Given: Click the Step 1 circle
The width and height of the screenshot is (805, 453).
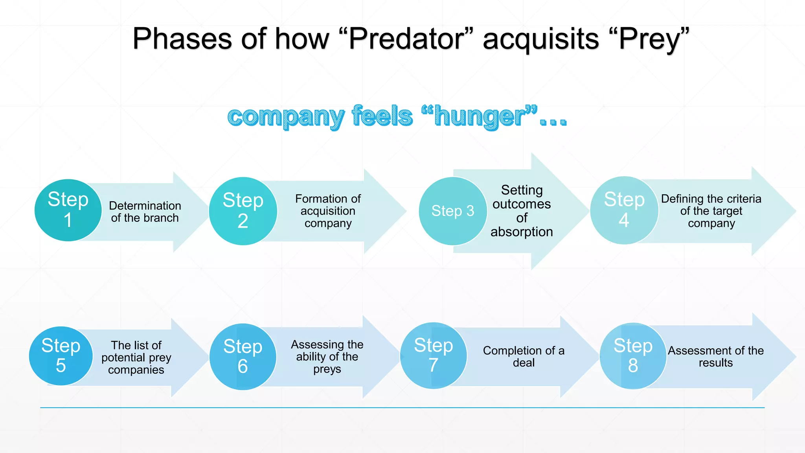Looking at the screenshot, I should click(68, 210).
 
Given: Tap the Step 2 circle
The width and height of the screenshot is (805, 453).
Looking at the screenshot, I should click(243, 211).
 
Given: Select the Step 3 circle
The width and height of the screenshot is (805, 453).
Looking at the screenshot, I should click(453, 211).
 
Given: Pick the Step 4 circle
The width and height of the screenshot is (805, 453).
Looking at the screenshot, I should click(624, 210).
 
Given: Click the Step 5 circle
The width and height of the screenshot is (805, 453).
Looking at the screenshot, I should click(61, 356).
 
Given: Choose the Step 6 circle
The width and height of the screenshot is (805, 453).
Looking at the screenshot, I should click(243, 357).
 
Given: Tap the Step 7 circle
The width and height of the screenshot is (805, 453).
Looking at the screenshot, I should click(434, 355).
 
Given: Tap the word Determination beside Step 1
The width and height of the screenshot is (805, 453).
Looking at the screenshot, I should click(145, 206).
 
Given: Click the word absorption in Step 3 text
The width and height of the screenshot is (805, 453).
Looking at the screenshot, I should click(522, 232).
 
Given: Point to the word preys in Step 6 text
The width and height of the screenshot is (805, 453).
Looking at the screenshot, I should click(327, 369).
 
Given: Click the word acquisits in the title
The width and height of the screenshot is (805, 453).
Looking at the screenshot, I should click(540, 39).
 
